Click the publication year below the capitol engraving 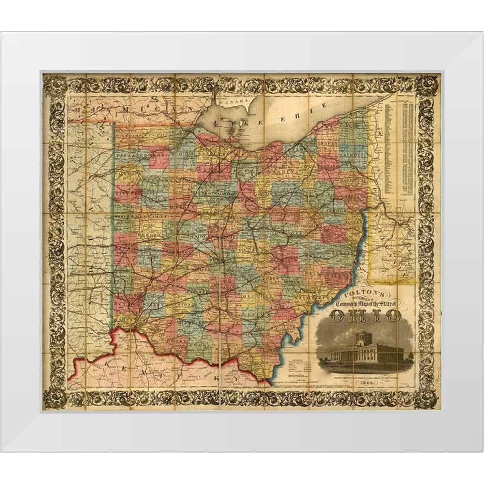pyautogui.click(x=363, y=383)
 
